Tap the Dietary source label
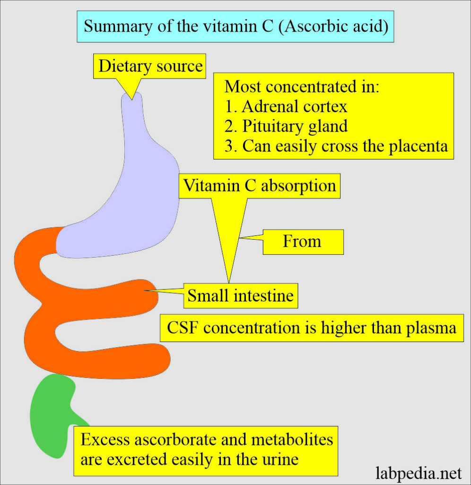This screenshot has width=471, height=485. click(150, 66)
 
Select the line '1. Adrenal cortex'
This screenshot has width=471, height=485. click(286, 107)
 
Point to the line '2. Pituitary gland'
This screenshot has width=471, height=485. click(287, 126)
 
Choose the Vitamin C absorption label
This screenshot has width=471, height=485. click(260, 185)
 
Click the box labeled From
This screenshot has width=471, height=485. click(302, 241)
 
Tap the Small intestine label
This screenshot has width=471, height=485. click(240, 296)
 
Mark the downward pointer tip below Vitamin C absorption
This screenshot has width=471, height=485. click(230, 282)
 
